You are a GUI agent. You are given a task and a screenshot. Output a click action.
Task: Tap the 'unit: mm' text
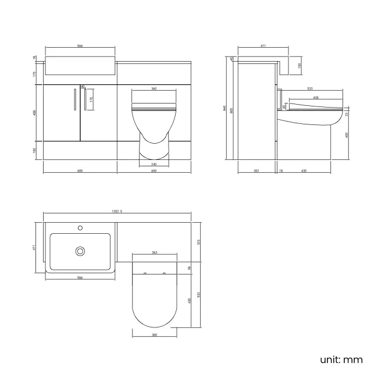pos(341,359)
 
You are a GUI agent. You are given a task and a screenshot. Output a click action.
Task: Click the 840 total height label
pos(224,108)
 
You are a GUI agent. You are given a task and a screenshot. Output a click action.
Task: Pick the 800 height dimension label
pos(231,110)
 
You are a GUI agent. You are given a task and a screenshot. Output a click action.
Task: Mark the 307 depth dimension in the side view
pos(256,171)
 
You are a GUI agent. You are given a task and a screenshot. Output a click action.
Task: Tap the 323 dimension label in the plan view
pos(199,241)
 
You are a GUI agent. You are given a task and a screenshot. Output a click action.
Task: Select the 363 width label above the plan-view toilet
pos(154,253)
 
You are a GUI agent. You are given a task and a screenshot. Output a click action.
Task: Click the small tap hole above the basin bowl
pos(81,227)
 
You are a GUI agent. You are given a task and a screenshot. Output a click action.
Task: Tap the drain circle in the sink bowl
pos(80,251)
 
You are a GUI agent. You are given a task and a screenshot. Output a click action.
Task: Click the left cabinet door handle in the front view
pos(73,99)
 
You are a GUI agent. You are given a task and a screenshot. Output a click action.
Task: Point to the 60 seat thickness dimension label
pos(284,106)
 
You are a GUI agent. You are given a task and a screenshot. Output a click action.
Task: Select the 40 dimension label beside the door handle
pos(83,87)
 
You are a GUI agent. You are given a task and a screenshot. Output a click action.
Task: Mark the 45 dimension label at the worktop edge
pos(231,59)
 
